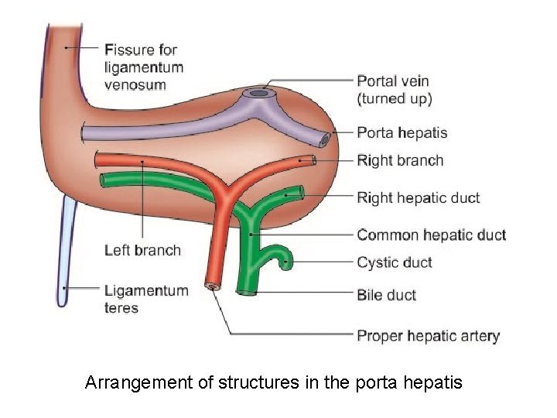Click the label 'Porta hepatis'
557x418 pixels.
pos(402,132)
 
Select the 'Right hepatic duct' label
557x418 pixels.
pos(418,197)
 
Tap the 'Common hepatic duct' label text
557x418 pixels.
pos(431,235)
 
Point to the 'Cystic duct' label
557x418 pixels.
pos(394,262)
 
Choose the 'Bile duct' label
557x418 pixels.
pos(386,295)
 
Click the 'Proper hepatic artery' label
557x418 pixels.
pos(428,336)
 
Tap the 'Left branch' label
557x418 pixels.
pos(142,250)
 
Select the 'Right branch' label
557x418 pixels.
pos(400,161)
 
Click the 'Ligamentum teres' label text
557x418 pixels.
pos(145,299)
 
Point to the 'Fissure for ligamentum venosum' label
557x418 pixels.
pos(144,67)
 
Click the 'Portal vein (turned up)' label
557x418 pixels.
pos(394,89)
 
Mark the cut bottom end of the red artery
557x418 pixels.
pos(210,286)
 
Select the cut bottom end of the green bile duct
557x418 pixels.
pos(248,293)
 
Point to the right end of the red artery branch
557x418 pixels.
pos(310,161)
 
